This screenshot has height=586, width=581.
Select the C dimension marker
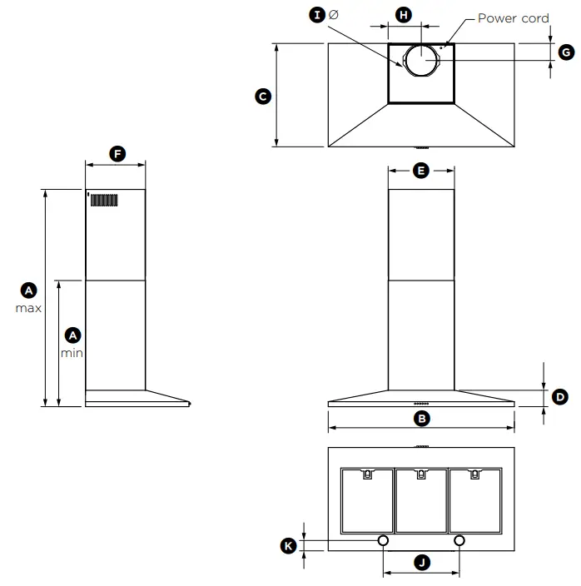pos(262,97)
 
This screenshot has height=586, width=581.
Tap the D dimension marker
pos(560,396)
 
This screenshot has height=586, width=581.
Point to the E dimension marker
pos(420,171)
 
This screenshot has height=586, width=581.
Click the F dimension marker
pos(117,154)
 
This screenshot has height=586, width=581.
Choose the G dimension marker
pos(565,52)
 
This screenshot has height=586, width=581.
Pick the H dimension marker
pos(403,15)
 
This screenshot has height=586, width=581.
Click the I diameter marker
pos(316,16)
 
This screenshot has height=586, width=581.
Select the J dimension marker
pos(421,564)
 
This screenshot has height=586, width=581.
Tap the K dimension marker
pos(288,545)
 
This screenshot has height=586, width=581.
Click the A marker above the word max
pos(29,291)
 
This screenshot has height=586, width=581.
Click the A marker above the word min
pos(72,335)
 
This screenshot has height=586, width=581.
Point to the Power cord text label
pos(513,17)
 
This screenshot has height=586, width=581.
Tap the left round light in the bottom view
pos(383,540)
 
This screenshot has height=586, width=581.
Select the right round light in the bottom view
pos(459,540)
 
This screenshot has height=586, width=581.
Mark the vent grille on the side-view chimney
pos(104,201)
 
